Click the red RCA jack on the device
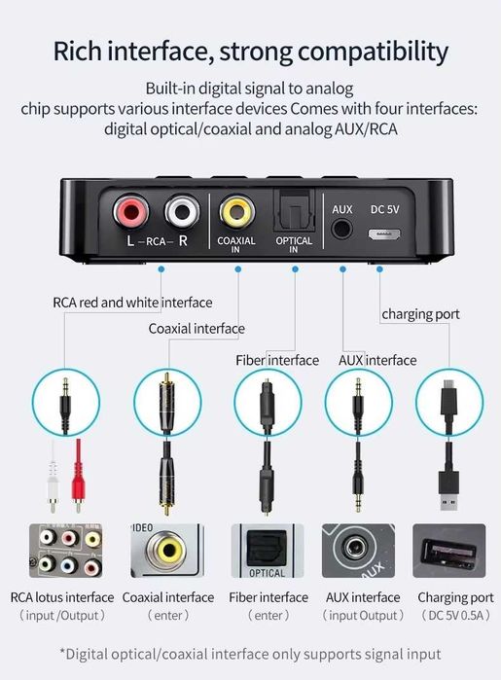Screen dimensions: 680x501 coord(130,210)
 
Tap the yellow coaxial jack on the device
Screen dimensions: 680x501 coord(236,210)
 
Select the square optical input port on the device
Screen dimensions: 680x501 coord(294,210)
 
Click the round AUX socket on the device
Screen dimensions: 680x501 coord(342,231)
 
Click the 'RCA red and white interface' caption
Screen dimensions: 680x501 coord(131,303)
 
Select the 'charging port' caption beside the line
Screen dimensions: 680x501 coord(420,313)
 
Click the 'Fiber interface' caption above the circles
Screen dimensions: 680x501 coord(277,360)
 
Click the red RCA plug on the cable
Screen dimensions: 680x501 coord(79,477)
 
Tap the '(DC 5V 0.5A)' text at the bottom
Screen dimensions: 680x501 coord(455,616)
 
